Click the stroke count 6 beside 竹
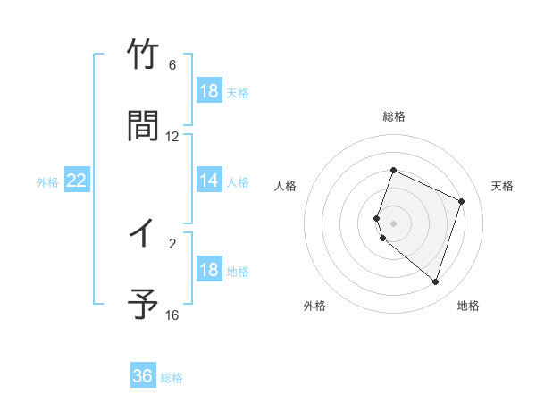point(172,65)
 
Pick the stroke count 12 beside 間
point(172,137)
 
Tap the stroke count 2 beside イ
point(172,241)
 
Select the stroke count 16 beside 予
point(172,315)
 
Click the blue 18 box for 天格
point(209,91)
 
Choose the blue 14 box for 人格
point(209,181)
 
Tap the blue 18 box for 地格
point(209,270)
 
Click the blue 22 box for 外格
point(77,181)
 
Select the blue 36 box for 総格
point(143,376)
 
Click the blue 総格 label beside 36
point(172,378)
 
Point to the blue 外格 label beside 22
point(47,182)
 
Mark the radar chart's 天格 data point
point(462,201)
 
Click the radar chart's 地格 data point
point(435,281)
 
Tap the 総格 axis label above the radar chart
point(393,116)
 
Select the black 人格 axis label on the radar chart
point(286,186)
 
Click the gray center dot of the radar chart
point(393,223)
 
